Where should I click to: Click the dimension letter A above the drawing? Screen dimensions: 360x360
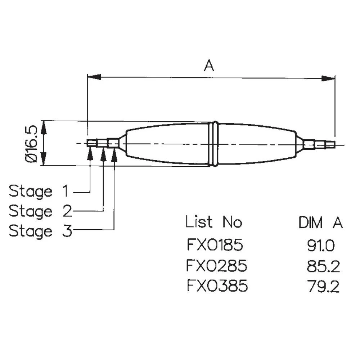pos(209,66)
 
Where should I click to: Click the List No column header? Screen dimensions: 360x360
pos(213,222)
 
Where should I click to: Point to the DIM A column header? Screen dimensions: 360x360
pos(320,223)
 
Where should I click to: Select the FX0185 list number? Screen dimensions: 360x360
pos(215,246)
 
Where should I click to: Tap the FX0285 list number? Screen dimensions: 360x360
pos(217,266)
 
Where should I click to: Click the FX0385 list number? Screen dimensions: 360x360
pos(217,287)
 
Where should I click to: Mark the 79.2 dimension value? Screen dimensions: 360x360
pos(323,287)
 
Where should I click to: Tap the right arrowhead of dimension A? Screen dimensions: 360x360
pos(328,78)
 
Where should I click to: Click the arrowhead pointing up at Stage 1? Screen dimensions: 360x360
pos(90,154)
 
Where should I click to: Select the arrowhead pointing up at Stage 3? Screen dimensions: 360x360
pos(114,154)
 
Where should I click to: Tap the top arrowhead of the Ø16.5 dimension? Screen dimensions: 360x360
pos(44,127)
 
